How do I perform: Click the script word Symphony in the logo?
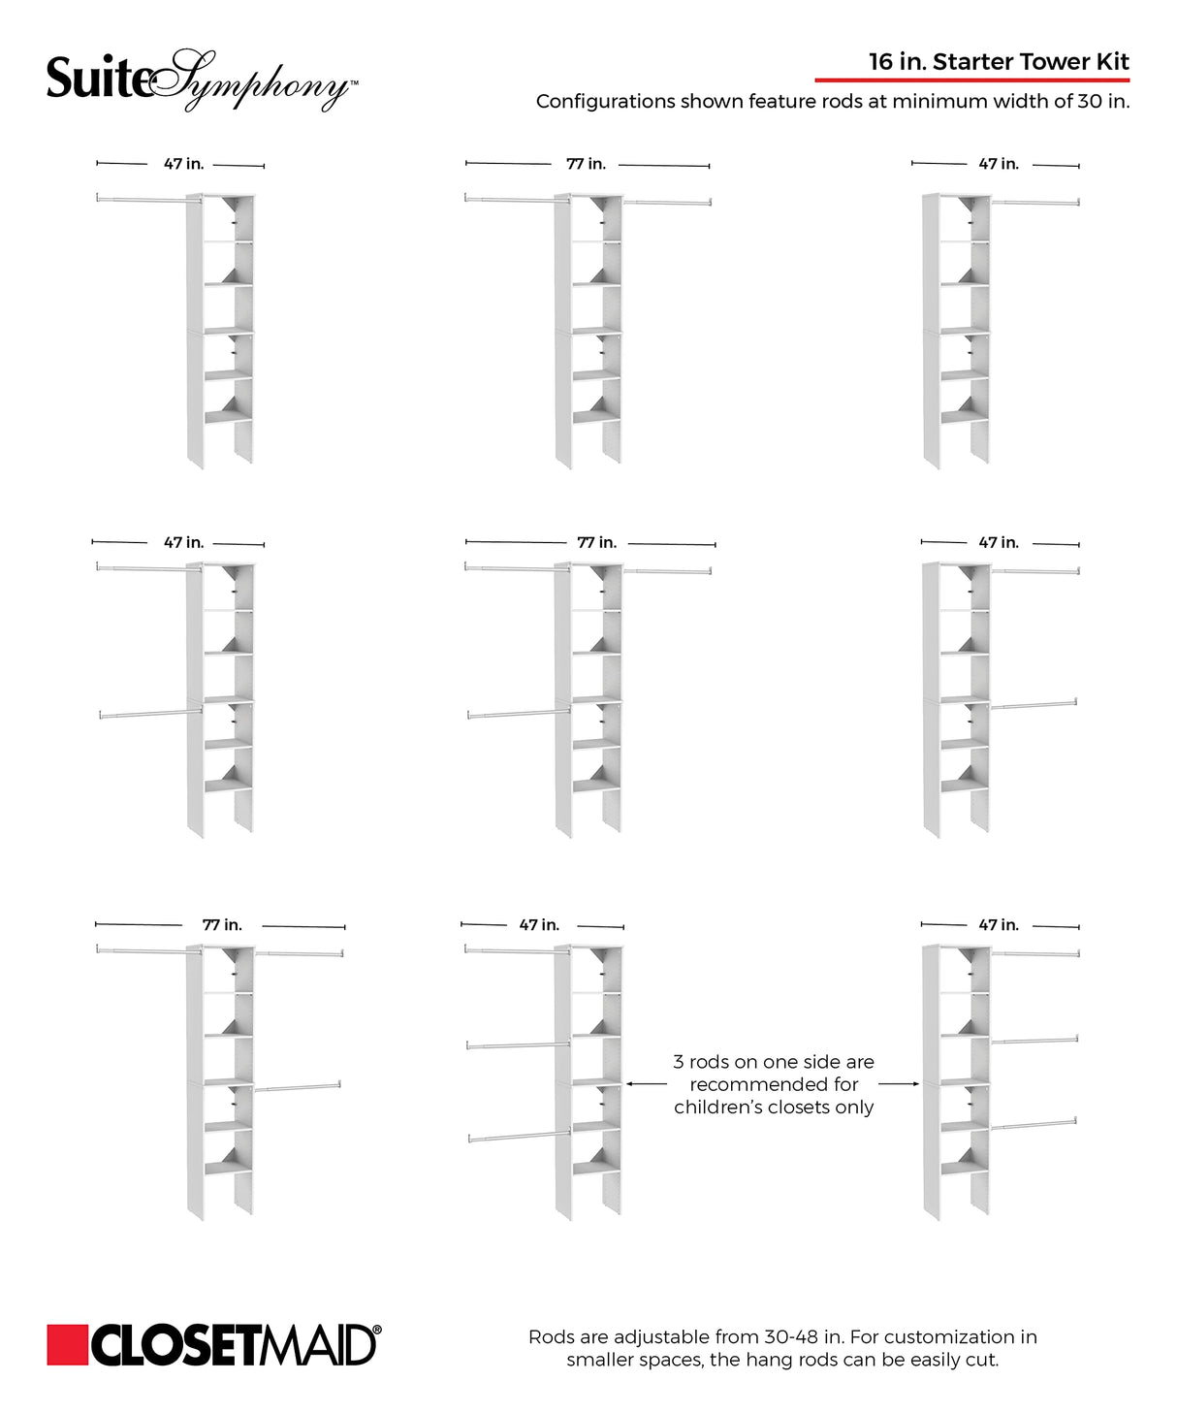[x=257, y=82]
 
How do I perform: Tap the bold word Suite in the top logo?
[x=98, y=80]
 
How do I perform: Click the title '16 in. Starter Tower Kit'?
[x=999, y=62]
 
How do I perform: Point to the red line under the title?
[x=971, y=80]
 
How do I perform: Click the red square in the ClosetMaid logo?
[x=67, y=1345]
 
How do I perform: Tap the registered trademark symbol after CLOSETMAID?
[x=376, y=1331]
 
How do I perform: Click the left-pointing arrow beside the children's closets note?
[x=647, y=1084]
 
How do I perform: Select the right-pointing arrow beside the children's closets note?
[x=899, y=1084]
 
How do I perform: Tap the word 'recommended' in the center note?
[x=774, y=1084]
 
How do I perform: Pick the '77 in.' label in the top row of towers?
[x=586, y=164]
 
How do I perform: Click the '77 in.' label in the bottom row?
[x=222, y=925]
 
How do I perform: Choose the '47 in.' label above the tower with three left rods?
[x=539, y=925]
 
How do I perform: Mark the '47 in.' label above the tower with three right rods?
[x=999, y=925]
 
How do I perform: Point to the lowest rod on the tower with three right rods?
[x=1033, y=1125]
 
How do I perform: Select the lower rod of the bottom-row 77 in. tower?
[x=297, y=1087]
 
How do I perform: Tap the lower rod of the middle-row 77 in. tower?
[x=519, y=714]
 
